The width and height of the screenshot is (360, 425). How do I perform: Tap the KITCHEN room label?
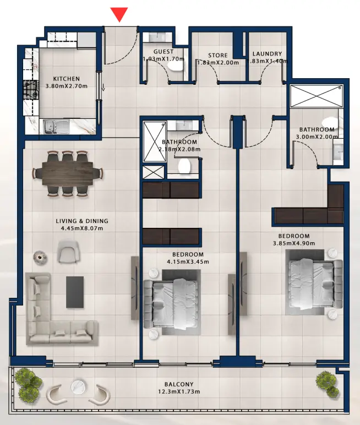[66, 79]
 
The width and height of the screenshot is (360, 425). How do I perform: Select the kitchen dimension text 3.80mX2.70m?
[66, 86]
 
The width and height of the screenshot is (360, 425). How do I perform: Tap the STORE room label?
[217, 56]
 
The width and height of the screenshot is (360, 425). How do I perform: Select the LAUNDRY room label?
[267, 54]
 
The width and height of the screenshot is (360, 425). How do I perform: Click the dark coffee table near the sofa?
[75, 292]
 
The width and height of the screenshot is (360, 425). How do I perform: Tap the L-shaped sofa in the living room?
[55, 319]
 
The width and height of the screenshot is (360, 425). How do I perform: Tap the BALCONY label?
[179, 384]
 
